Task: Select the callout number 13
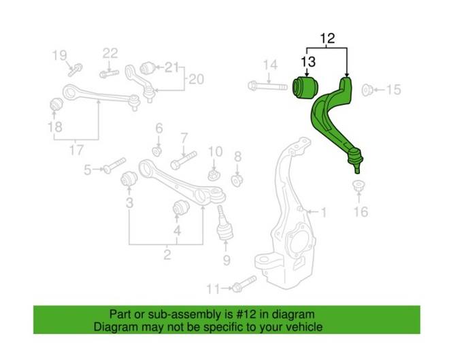(x=307, y=62)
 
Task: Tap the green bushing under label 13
(x=303, y=88)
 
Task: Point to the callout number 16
(x=360, y=212)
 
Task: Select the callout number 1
(x=323, y=213)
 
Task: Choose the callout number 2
(x=166, y=256)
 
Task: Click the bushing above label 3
(x=129, y=179)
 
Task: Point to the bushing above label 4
(x=180, y=206)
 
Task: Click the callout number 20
(x=195, y=80)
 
